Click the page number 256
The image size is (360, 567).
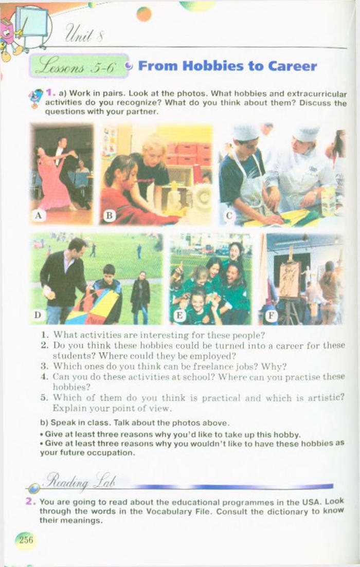pyautogui.click(x=26, y=540)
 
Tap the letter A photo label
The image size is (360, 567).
pyautogui.click(x=39, y=216)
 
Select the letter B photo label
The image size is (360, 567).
pyautogui.click(x=109, y=216)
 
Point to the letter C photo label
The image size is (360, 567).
pyautogui.click(x=229, y=216)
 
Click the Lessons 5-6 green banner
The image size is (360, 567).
pyautogui.click(x=79, y=66)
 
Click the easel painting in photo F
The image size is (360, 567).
pyautogui.click(x=290, y=280)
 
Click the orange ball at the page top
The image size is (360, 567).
pyautogui.click(x=144, y=14)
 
